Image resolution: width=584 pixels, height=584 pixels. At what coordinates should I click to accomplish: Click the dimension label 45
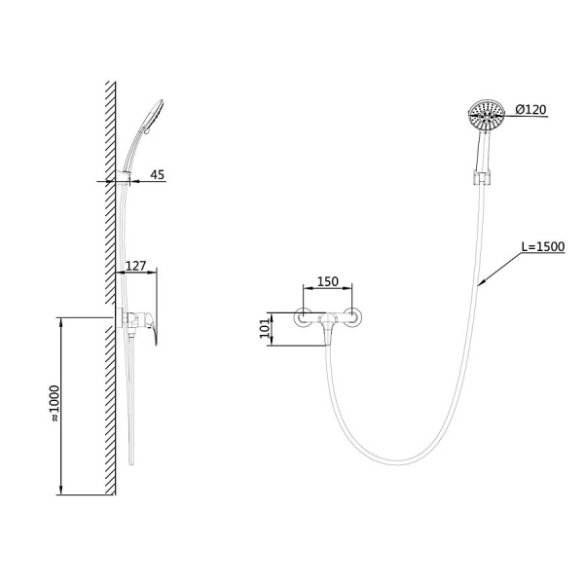click(x=157, y=174)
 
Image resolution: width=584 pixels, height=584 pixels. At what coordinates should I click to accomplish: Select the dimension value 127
click(x=135, y=266)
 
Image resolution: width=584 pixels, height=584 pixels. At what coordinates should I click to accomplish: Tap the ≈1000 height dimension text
click(x=55, y=403)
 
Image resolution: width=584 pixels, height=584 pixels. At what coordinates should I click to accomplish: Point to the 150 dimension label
click(x=327, y=281)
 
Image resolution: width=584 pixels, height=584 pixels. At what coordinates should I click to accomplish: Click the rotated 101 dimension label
click(x=265, y=328)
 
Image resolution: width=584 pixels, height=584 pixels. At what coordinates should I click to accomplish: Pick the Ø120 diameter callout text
click(x=530, y=109)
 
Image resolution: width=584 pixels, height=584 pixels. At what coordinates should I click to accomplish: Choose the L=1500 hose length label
click(x=543, y=246)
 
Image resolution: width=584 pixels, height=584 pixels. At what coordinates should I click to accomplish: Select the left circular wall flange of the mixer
click(x=303, y=317)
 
